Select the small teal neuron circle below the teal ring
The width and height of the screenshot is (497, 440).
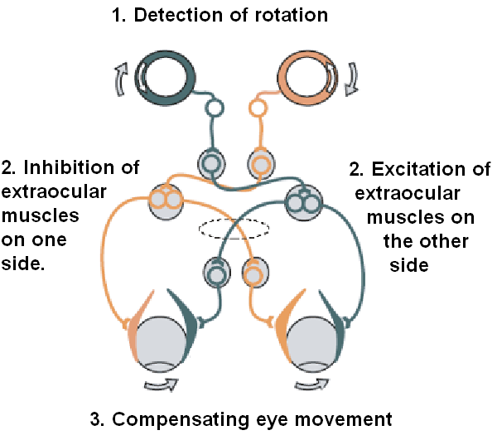tap(215, 108)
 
